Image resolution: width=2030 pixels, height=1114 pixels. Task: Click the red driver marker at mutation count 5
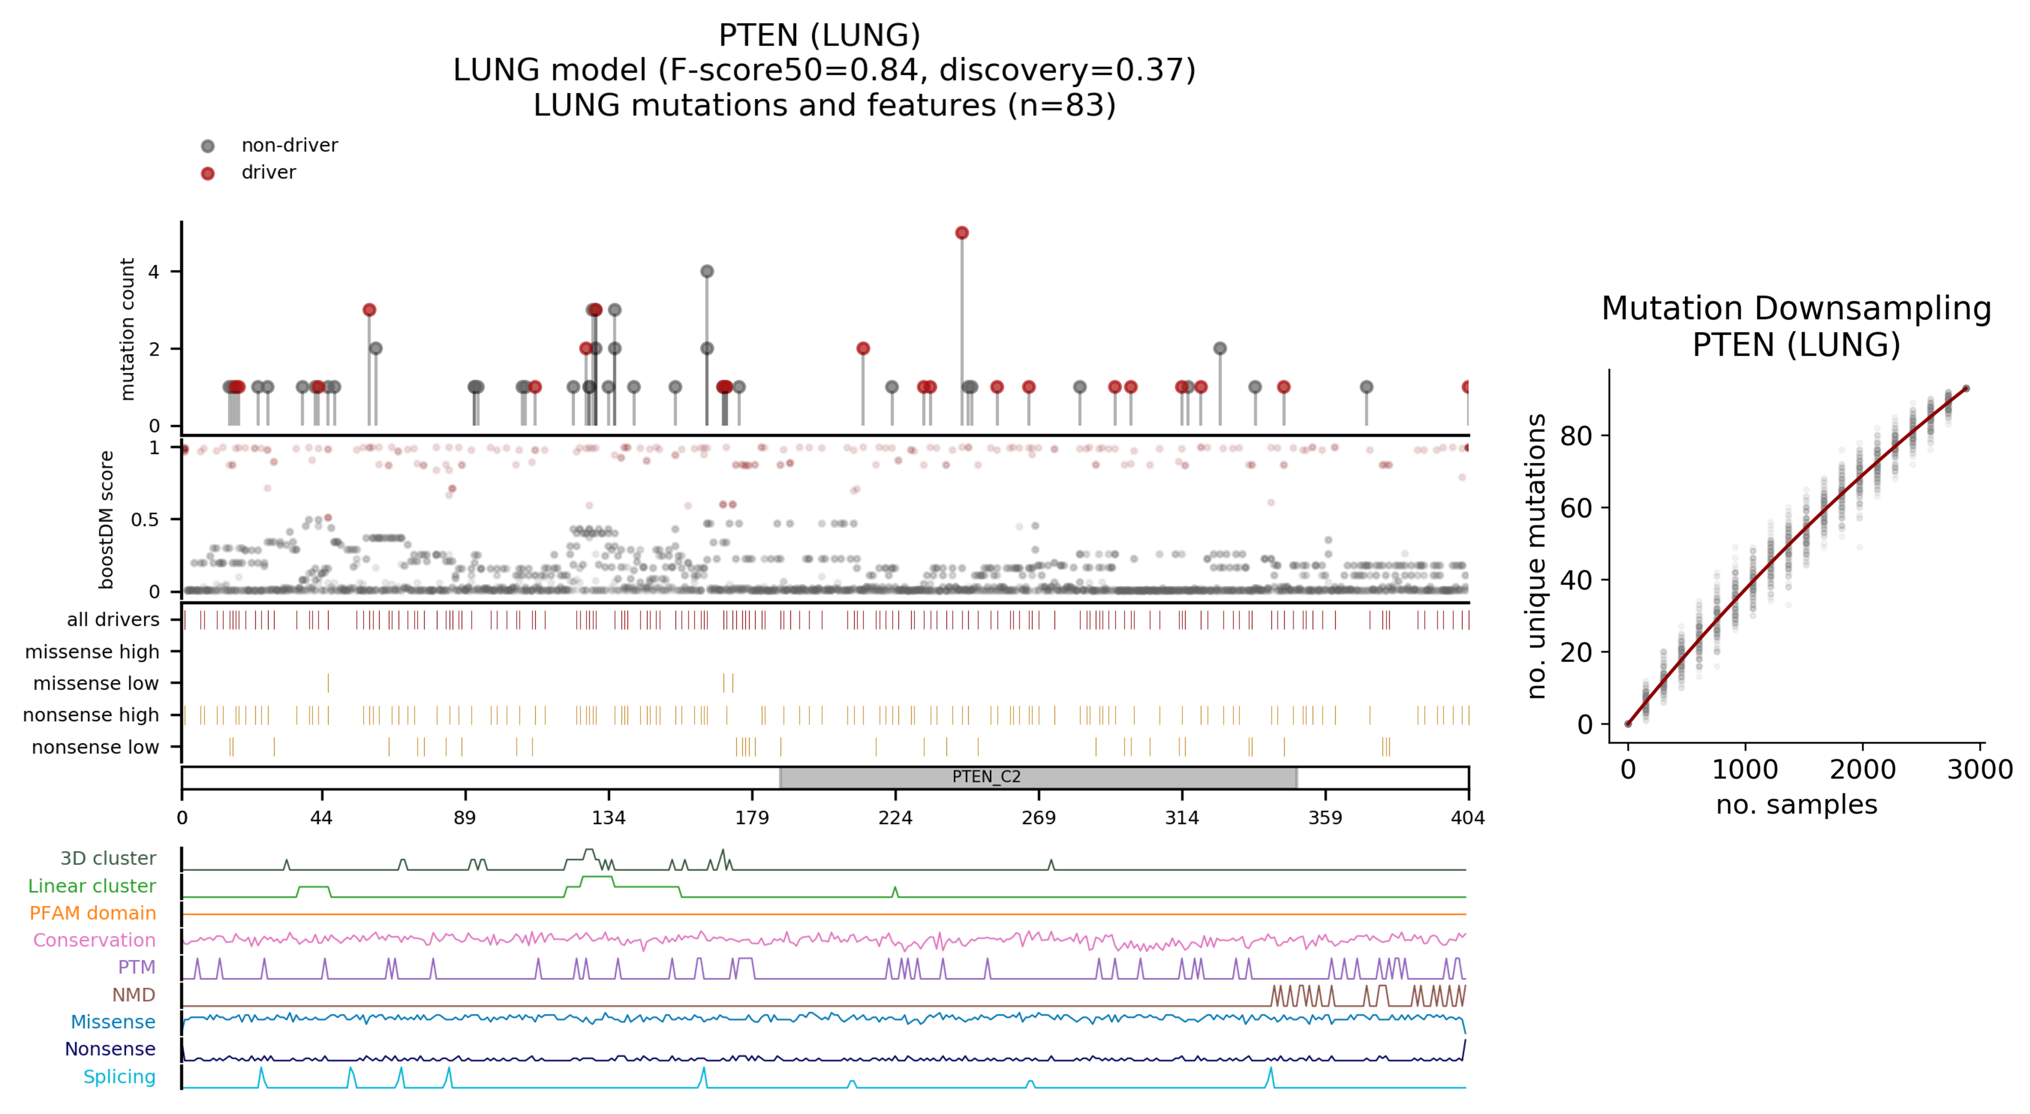962,233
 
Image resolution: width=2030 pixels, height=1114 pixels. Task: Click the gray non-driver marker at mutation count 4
707,271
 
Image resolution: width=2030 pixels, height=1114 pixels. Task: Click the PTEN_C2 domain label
986,777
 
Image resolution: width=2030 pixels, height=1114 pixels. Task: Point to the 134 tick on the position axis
608,817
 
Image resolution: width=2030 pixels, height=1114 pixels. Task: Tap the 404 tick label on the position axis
1467,817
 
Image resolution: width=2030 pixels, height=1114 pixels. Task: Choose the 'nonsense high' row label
91,715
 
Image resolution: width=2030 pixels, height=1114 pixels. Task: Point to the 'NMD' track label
133,995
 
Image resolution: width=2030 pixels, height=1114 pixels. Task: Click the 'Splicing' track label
119,1077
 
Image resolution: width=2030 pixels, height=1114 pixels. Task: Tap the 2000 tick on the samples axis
1862,769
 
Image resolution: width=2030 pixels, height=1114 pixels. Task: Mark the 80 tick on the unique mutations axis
1576,435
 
